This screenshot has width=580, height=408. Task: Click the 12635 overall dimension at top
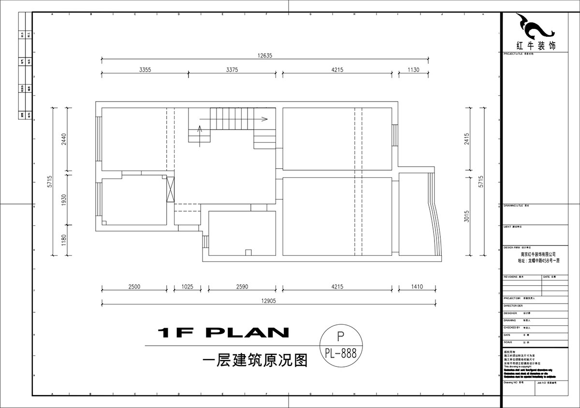click(265, 55)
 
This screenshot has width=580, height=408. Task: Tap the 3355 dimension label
click(145, 70)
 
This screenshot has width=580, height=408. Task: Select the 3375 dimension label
click(232, 70)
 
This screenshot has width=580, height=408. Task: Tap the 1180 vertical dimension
click(62, 240)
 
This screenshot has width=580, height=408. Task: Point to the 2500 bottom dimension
click(134, 287)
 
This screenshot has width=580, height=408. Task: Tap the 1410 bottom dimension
click(417, 287)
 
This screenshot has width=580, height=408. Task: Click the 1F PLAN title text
click(223, 333)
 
